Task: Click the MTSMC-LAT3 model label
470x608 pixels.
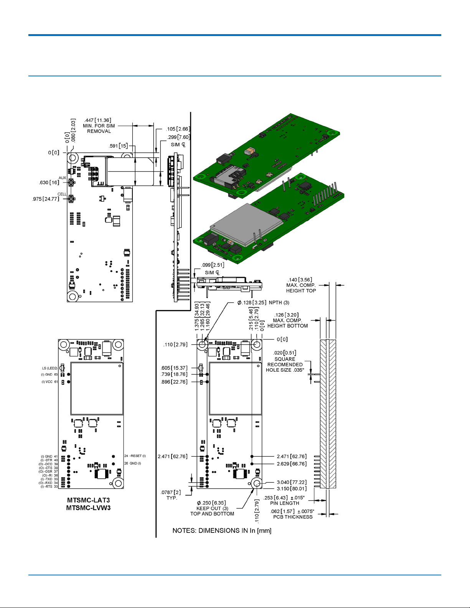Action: click(x=88, y=500)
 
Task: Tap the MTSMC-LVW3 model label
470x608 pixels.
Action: click(x=88, y=508)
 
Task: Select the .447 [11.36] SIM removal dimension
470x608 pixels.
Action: click(x=98, y=120)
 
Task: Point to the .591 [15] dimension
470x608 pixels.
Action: click(x=118, y=146)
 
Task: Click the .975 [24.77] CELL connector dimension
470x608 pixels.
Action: click(x=46, y=199)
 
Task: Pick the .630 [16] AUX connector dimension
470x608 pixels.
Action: click(x=49, y=183)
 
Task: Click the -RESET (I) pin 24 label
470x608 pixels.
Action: click(x=135, y=456)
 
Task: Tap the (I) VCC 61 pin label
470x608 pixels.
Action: click(x=49, y=382)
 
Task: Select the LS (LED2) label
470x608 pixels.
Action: click(x=49, y=368)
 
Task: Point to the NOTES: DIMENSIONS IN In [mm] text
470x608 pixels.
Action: click(x=222, y=531)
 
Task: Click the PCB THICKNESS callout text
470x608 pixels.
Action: click(x=293, y=517)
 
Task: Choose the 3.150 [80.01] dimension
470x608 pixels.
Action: click(x=292, y=489)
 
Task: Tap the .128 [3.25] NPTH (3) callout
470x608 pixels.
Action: click(x=263, y=303)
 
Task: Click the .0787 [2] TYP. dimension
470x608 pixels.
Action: click(x=171, y=493)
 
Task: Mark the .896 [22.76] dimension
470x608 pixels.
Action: click(x=174, y=382)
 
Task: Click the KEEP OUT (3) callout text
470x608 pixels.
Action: click(x=212, y=508)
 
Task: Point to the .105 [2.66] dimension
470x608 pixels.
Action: click(x=178, y=129)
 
